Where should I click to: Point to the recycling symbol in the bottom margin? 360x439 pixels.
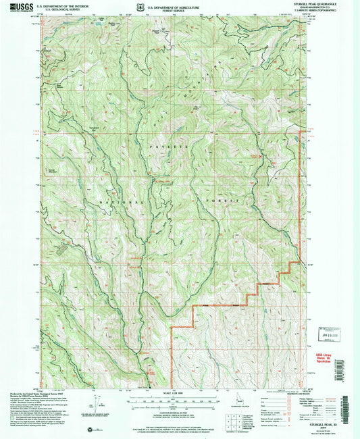tap(91, 427)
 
